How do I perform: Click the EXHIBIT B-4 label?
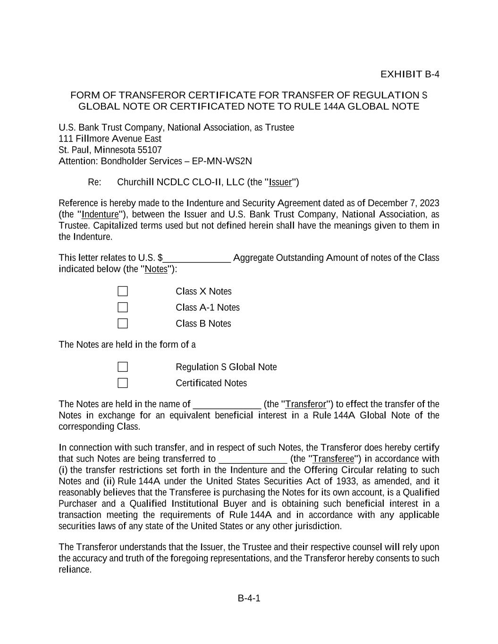click(410, 74)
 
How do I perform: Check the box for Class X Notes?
click(123, 292)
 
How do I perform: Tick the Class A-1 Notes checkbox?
click(123, 308)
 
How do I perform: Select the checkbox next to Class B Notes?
click(123, 324)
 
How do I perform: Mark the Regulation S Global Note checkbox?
click(123, 367)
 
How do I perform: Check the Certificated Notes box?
click(123, 383)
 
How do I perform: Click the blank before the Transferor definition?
click(227, 405)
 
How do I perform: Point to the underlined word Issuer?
click(280, 183)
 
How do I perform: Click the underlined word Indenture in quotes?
click(100, 215)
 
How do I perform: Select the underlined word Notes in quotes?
click(156, 269)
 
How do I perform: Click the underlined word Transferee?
click(333, 459)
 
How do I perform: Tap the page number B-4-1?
click(249, 599)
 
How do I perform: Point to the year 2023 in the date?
click(430, 203)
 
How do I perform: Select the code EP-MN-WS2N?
click(222, 161)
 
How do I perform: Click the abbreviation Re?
click(94, 183)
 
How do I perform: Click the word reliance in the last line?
click(75, 569)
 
